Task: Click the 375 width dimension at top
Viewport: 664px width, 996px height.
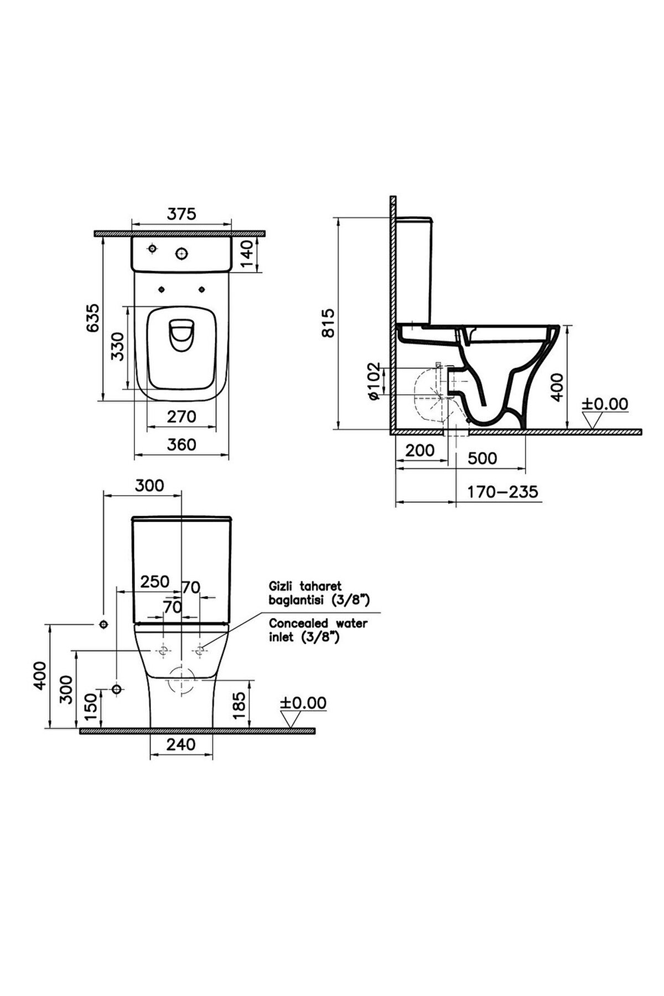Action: tap(182, 214)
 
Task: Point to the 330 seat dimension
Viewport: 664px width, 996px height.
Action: tap(118, 346)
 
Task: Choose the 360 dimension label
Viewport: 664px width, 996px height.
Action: tap(181, 444)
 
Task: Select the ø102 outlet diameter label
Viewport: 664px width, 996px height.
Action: tap(373, 381)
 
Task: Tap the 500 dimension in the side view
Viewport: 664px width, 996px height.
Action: tap(483, 458)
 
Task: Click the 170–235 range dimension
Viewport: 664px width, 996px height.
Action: tap(502, 491)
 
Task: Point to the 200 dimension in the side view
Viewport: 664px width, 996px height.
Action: tap(420, 450)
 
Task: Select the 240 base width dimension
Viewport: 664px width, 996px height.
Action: tap(181, 744)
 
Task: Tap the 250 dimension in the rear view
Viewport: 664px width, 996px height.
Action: tap(154, 582)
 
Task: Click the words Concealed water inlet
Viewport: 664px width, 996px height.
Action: tap(318, 630)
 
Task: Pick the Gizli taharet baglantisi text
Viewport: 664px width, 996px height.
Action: tap(318, 592)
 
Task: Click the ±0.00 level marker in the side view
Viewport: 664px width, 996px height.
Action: tap(605, 404)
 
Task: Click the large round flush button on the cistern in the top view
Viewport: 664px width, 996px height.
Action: tap(181, 253)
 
